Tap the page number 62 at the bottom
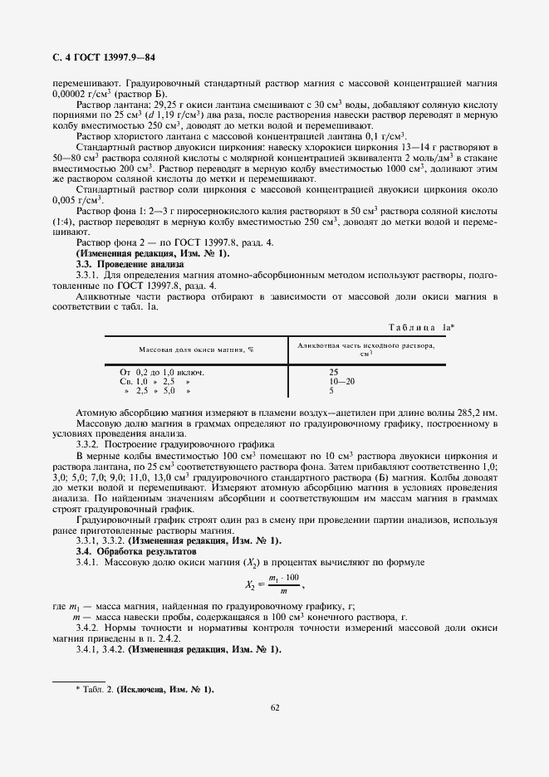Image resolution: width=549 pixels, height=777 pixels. coord(273,707)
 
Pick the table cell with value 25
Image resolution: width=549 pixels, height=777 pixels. coord(333,372)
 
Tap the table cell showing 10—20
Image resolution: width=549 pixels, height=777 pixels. coord(341,380)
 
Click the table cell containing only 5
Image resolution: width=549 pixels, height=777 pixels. coord(331,389)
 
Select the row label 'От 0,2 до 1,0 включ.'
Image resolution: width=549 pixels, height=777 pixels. coord(162,372)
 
